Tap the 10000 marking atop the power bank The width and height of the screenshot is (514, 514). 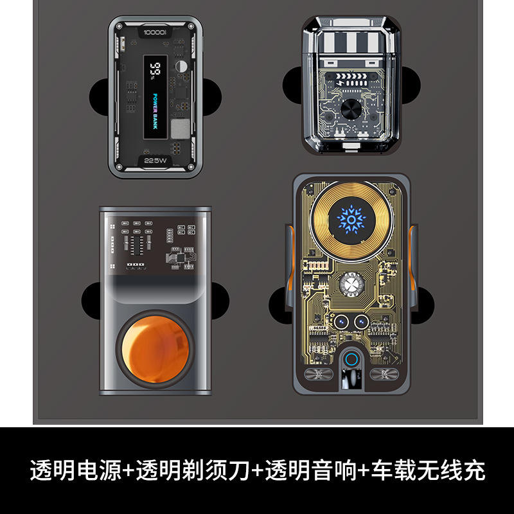click(155, 31)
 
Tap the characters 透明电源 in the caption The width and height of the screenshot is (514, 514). click(75, 472)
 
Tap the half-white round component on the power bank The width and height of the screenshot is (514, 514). click(182, 66)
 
